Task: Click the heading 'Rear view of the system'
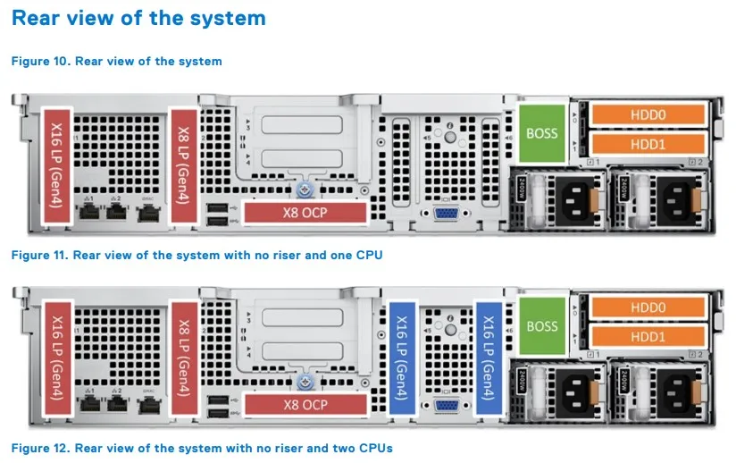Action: coord(138,18)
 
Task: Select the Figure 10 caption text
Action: coord(116,61)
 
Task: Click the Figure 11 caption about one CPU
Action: coord(197,255)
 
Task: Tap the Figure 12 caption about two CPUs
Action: coord(201,447)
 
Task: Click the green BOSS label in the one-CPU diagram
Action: coord(541,134)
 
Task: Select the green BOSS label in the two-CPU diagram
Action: coord(541,326)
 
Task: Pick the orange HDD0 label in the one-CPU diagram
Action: coord(649,114)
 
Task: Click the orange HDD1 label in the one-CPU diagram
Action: coord(649,144)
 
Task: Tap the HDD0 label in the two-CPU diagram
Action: coord(649,307)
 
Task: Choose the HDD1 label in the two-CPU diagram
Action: coord(649,336)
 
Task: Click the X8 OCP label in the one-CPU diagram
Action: coord(305,213)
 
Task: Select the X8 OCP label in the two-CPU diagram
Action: coord(305,405)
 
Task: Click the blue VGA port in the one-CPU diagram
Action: coord(444,214)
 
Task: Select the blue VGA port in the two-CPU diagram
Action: coord(444,406)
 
